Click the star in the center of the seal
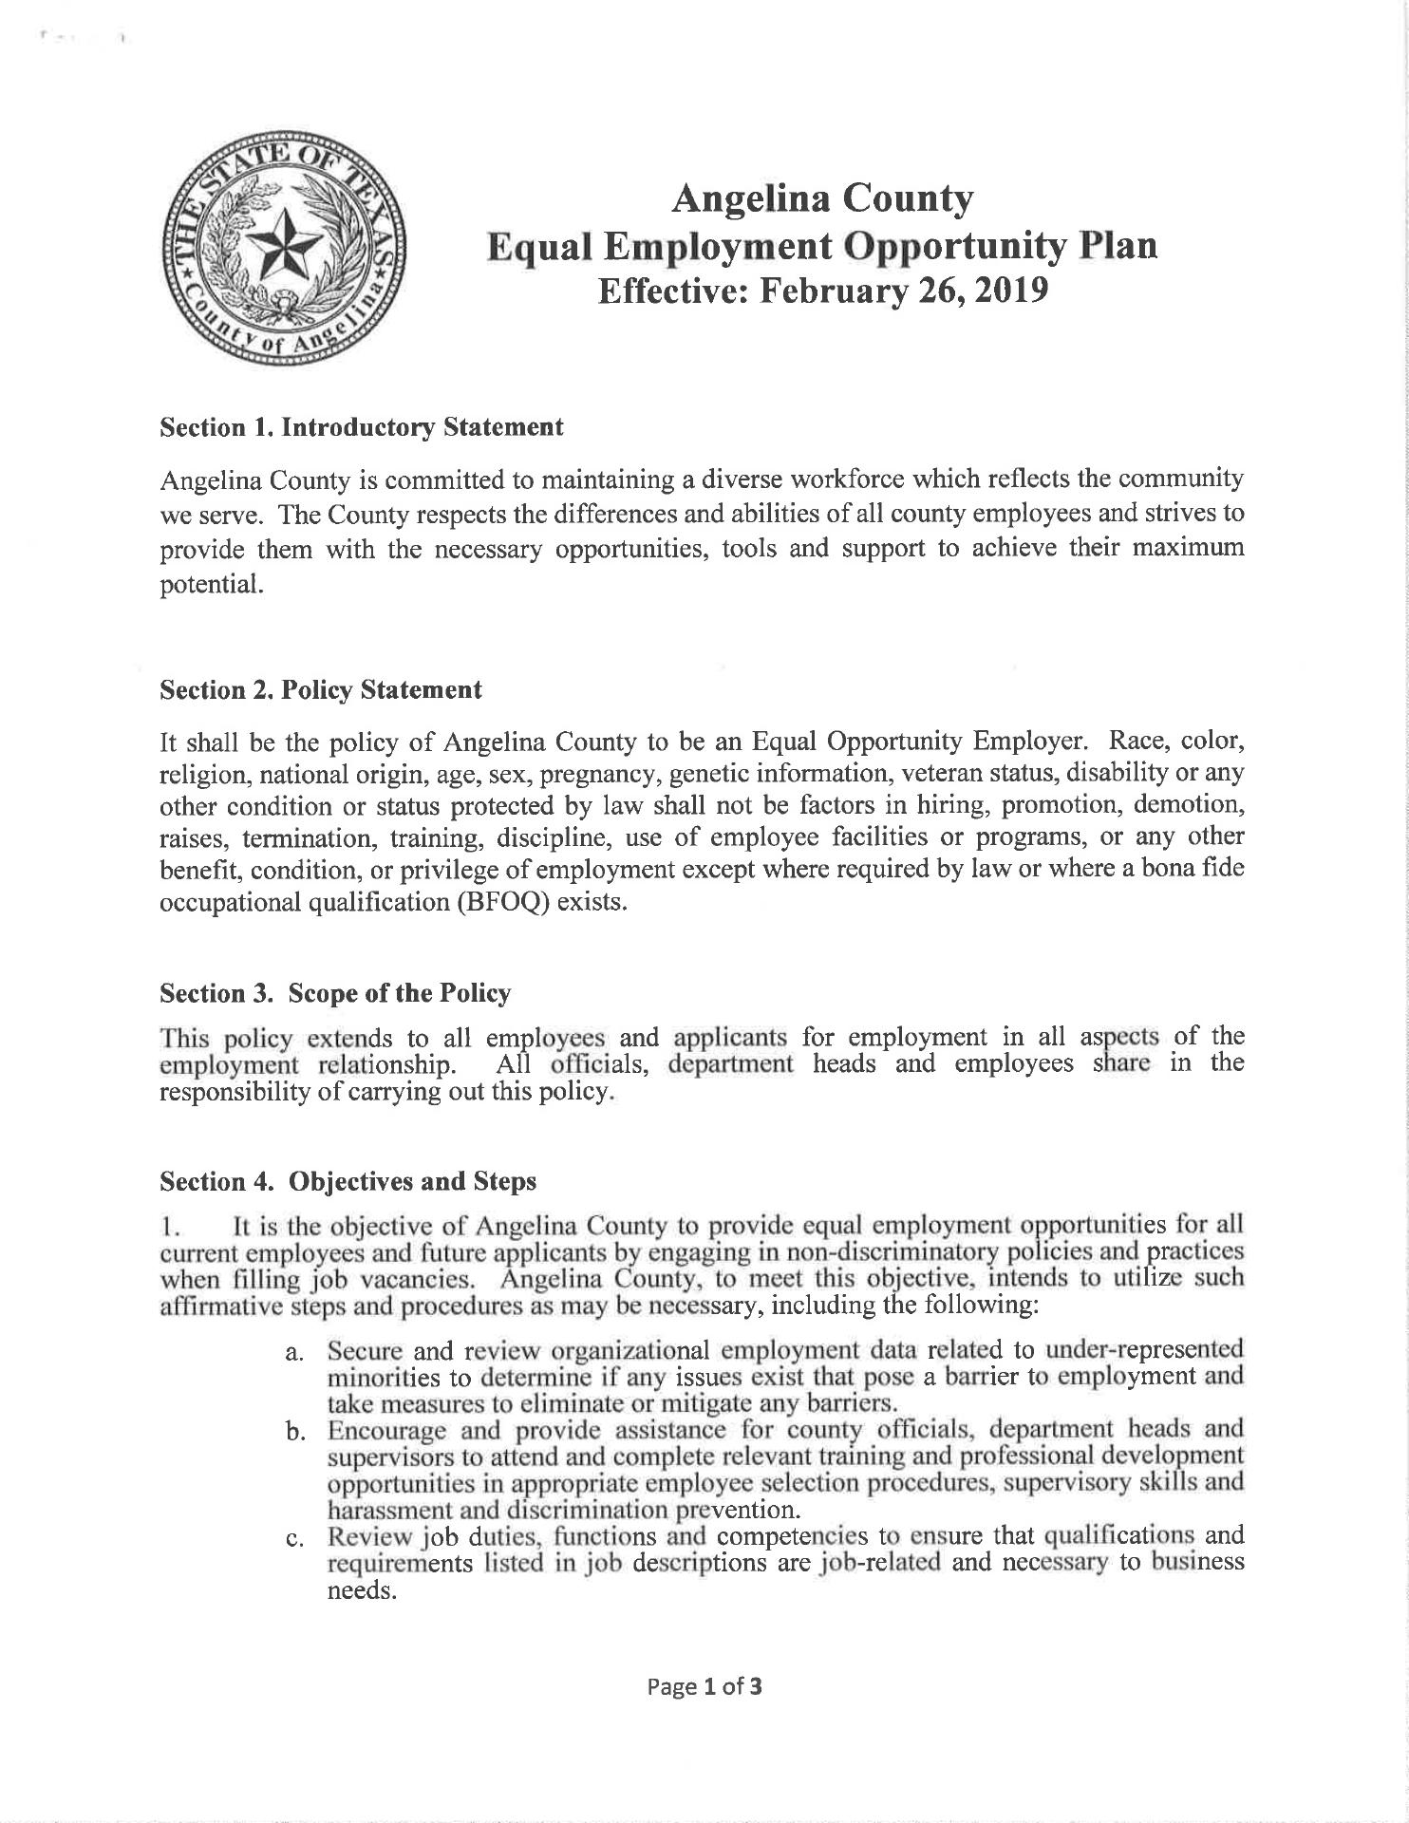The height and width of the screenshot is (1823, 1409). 283,250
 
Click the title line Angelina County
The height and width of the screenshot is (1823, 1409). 821,200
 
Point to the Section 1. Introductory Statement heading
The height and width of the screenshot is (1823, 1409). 362,427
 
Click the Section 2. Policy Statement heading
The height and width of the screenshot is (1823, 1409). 321,689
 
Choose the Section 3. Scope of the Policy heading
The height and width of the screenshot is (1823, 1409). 335,993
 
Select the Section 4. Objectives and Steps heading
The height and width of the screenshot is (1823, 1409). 348,1181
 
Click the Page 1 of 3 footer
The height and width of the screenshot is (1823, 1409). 704,1686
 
